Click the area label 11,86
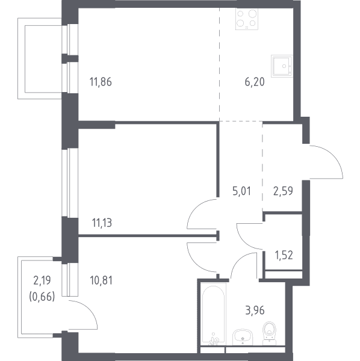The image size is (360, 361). [x=101, y=82]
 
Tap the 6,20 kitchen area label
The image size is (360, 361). [x=255, y=82]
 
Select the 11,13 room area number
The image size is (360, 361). [x=102, y=223]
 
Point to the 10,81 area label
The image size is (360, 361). [x=101, y=280]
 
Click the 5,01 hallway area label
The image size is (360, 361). [x=241, y=191]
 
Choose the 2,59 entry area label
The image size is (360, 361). [x=283, y=191]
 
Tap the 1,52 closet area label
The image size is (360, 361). [x=284, y=255]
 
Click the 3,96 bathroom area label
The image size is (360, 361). [x=255, y=310]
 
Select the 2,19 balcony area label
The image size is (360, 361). [x=42, y=280]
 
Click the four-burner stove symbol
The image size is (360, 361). [x=247, y=19]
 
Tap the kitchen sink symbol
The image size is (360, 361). [x=282, y=66]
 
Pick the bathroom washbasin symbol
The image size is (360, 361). [x=243, y=337]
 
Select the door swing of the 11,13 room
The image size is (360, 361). [x=193, y=207]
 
